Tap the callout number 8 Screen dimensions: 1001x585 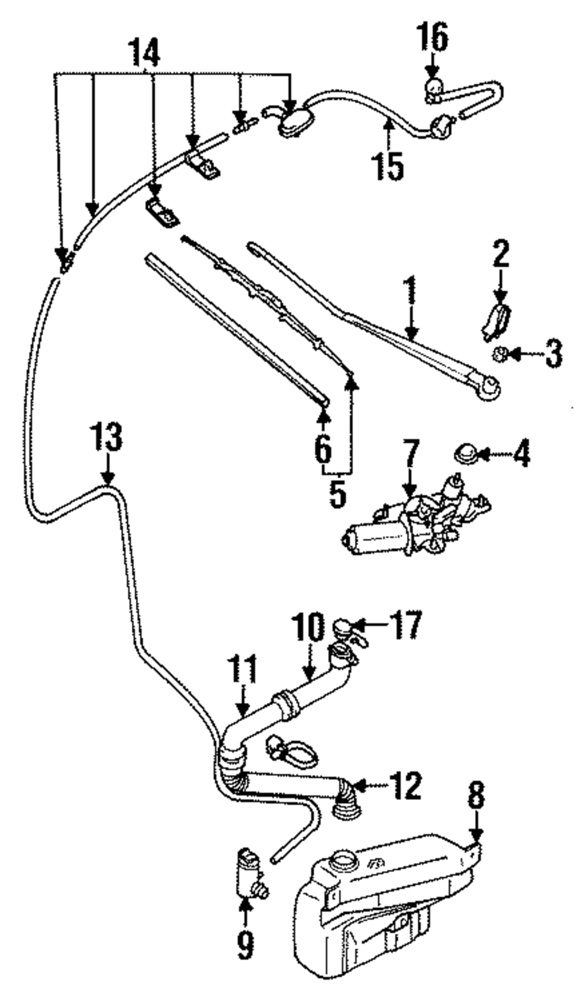click(x=477, y=795)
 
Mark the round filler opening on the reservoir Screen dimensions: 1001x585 click(x=342, y=861)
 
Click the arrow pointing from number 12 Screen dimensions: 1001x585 click(x=363, y=785)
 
